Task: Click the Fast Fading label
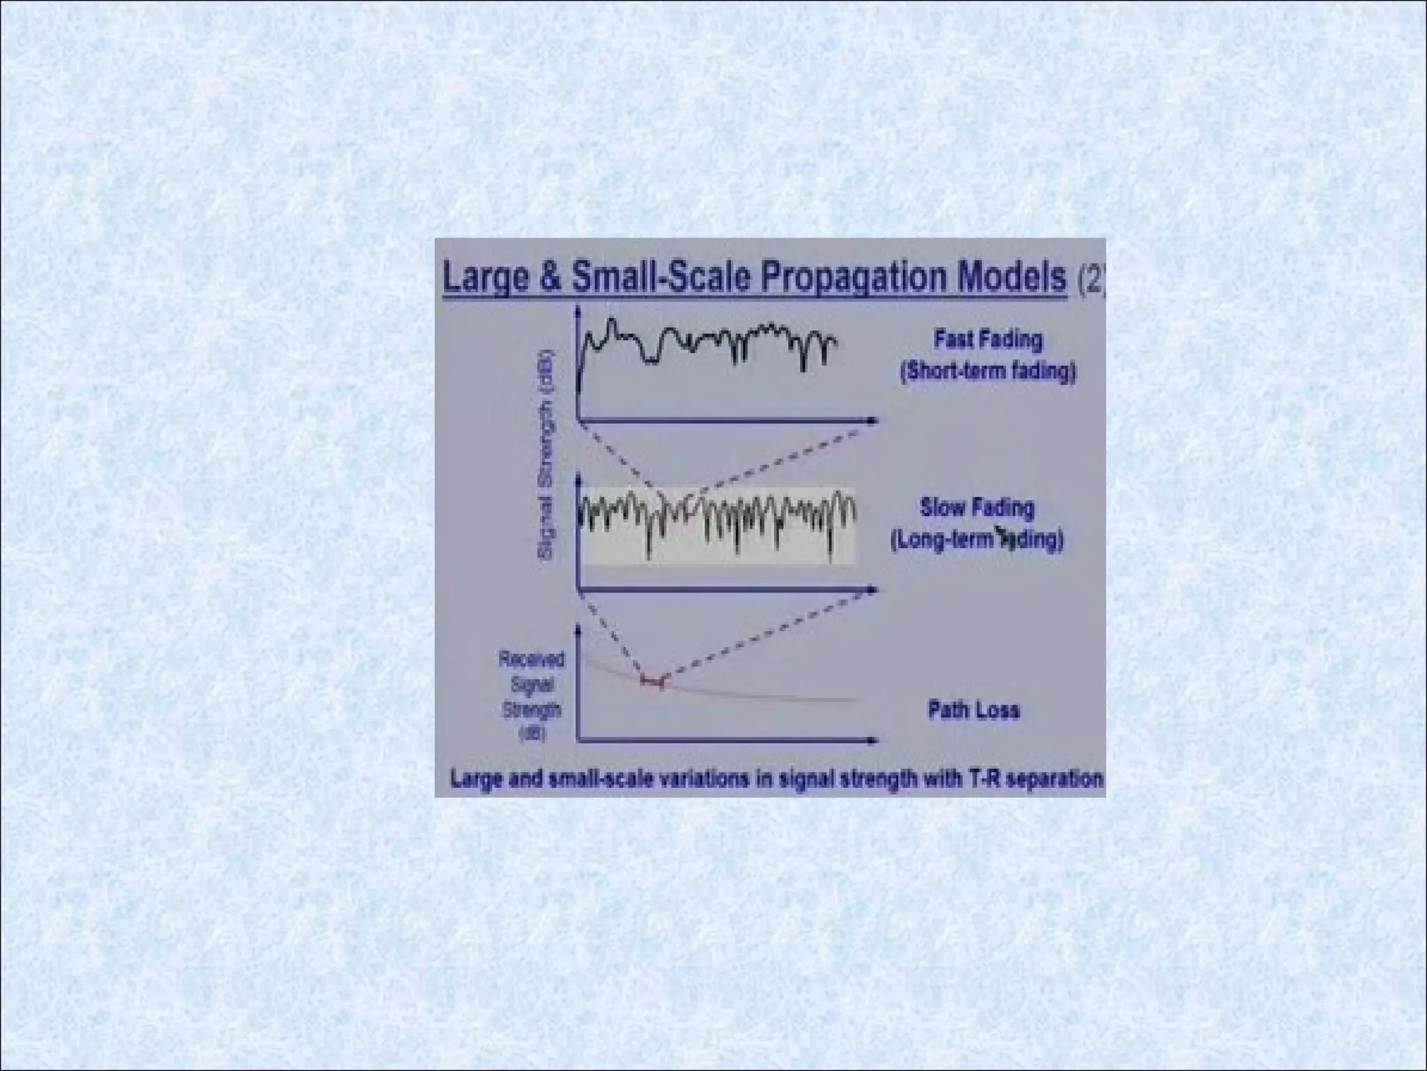pos(988,340)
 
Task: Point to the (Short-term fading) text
pos(988,371)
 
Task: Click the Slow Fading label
pos(977,507)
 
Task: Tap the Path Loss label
pos(973,710)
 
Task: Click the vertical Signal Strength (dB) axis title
pos(547,455)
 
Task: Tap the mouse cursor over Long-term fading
pos(1004,535)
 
